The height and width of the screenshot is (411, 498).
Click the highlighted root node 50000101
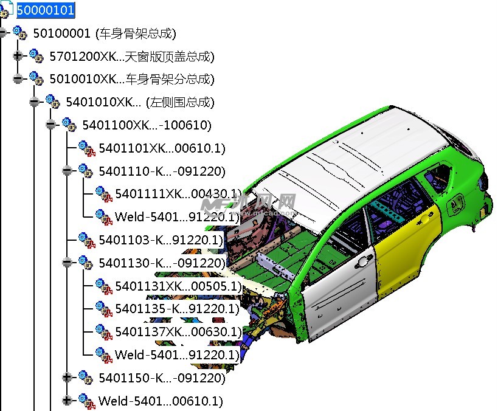pos(46,10)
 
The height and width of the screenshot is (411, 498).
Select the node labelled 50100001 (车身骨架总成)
pos(105,33)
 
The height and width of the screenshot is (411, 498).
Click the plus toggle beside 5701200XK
pos(18,56)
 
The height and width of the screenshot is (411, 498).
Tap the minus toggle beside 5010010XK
pos(18,78)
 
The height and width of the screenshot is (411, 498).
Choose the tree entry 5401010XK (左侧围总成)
pos(140,102)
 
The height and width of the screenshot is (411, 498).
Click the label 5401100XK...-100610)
pos(147,125)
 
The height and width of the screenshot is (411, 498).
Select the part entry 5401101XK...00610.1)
pos(162,148)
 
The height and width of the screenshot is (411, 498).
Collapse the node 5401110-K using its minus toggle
pos(67,171)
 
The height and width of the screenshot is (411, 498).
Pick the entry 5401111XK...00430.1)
pos(178,194)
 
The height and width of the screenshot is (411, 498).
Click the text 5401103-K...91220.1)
pos(161,240)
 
